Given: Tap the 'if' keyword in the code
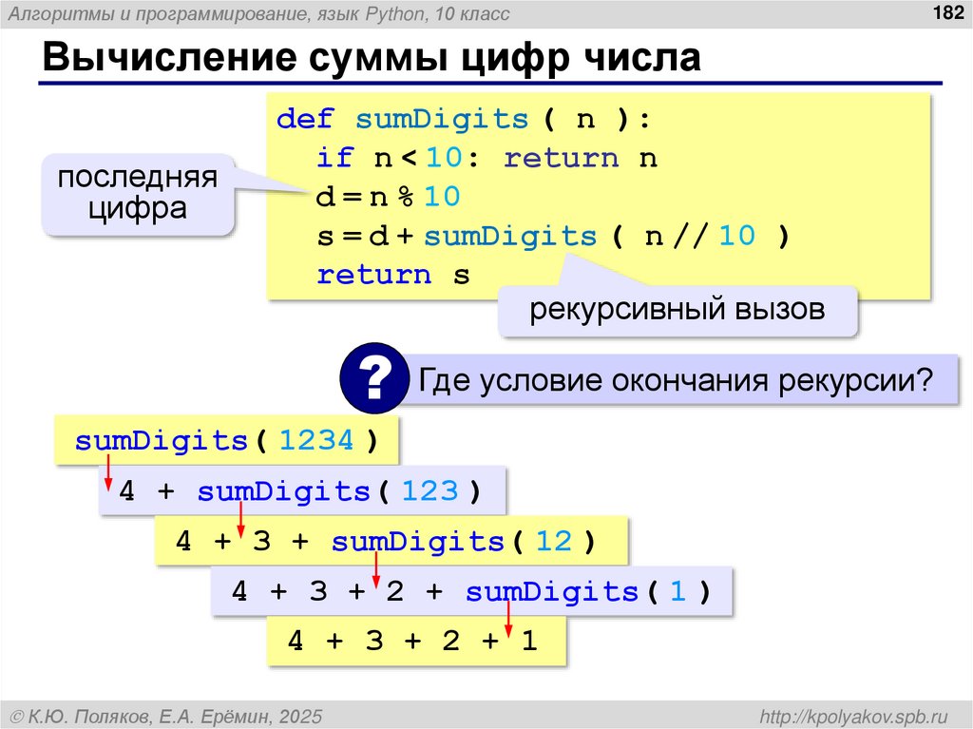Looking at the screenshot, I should click(x=335, y=158).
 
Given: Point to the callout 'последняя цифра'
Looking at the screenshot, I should click(x=137, y=193).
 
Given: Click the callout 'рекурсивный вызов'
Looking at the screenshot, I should click(x=677, y=310).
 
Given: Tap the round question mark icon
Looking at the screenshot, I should click(x=374, y=380).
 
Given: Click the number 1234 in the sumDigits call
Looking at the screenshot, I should click(x=317, y=441).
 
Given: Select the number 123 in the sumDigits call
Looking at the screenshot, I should click(x=429, y=491).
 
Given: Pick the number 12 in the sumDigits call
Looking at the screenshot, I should click(x=553, y=542).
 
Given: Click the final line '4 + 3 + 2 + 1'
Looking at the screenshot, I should click(x=412, y=642).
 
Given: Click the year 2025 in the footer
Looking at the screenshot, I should click(x=301, y=714).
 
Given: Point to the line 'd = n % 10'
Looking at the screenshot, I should click(x=389, y=197).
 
